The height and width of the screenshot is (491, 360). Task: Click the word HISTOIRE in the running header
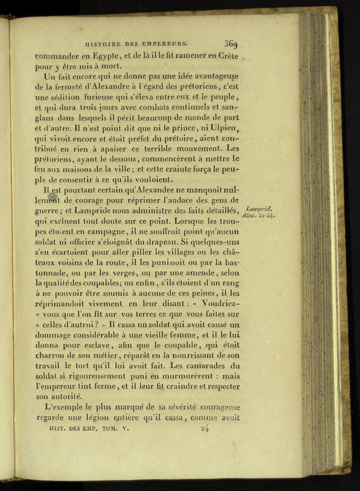click(x=104, y=43)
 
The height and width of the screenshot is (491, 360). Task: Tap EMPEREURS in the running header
click(x=167, y=43)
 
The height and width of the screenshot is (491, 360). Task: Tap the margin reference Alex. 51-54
click(x=257, y=216)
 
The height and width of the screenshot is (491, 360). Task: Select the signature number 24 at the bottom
click(x=205, y=428)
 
